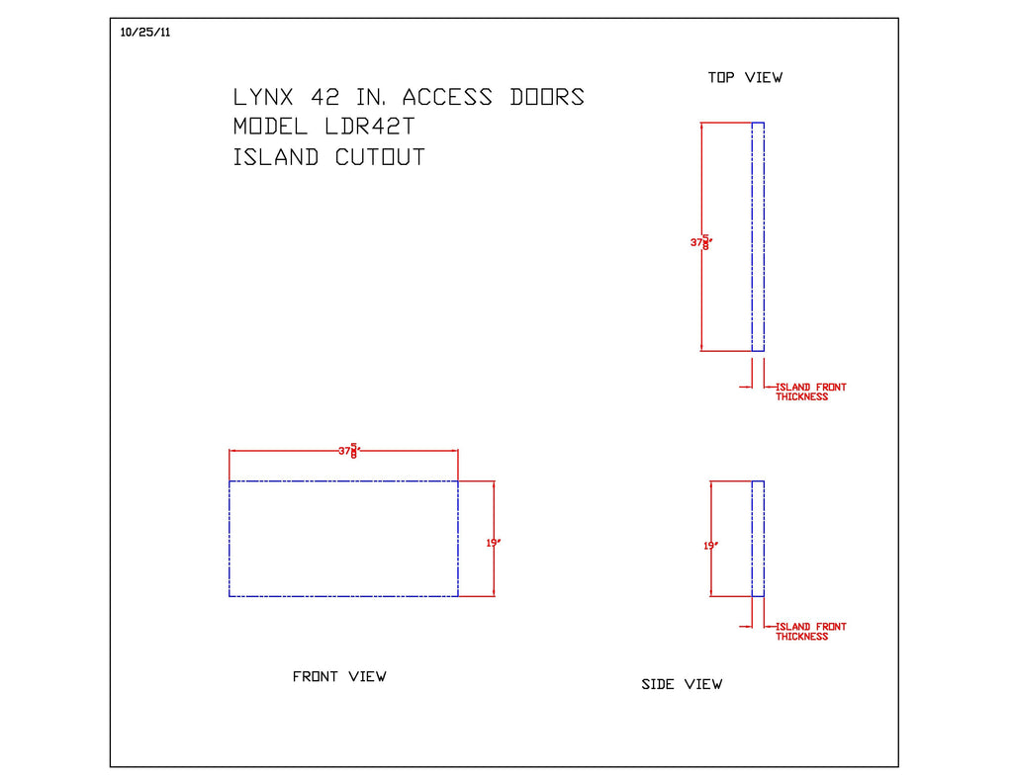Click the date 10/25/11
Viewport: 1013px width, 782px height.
145,33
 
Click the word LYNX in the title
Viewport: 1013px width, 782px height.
263,97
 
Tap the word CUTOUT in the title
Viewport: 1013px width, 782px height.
380,157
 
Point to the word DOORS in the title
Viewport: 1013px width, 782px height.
547,97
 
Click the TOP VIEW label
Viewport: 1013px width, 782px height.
745,77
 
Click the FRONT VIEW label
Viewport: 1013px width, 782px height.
339,677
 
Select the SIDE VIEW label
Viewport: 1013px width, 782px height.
682,684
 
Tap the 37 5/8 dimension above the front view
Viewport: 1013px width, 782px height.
348,451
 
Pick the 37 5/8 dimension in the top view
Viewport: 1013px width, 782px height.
700,242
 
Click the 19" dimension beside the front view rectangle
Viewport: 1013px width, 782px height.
493,543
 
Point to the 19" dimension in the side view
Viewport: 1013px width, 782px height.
710,545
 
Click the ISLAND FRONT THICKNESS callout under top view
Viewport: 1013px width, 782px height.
810,392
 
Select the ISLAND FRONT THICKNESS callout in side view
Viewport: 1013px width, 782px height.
810,632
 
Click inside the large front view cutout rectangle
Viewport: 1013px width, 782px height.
343,538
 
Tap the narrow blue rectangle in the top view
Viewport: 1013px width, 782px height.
759,237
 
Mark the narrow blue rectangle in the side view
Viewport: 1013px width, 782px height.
759,538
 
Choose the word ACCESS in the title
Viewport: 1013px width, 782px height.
447,97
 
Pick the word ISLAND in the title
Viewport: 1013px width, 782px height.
276,157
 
